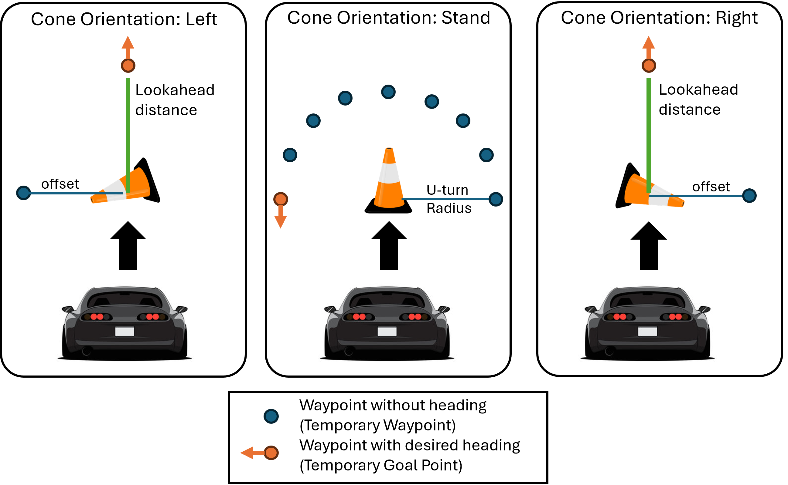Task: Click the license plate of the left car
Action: (125, 331)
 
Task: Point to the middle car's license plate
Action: (387, 331)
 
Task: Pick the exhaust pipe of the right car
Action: (610, 351)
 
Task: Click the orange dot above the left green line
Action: (128, 66)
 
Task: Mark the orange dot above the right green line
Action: (649, 66)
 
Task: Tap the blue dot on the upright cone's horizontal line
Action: (496, 199)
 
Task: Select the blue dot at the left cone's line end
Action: (23, 193)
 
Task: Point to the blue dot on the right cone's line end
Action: (749, 196)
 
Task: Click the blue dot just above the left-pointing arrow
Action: (271, 416)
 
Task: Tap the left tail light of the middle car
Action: (359, 317)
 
